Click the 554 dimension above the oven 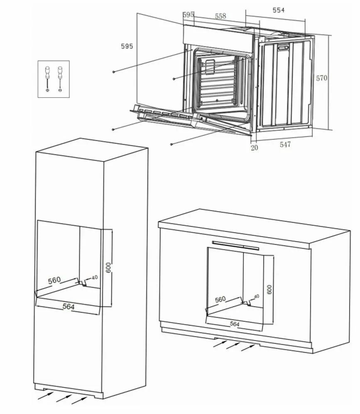point(279,10)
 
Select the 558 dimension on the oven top point(220,16)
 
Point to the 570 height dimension point(321,78)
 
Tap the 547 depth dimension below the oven point(285,145)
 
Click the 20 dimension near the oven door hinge point(254,147)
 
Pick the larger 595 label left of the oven point(127,46)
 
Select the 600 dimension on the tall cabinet point(108,268)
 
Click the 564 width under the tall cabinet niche point(69,306)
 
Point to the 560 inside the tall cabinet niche point(54,280)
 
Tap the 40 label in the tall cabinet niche point(95,277)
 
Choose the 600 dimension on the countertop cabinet point(269,289)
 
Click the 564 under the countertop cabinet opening point(234,324)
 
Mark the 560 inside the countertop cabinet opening point(220,299)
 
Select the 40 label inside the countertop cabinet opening point(256,296)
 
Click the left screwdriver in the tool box point(47,79)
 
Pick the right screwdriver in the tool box point(60,79)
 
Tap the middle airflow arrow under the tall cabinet point(64,398)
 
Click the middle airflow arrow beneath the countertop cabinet point(233,345)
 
